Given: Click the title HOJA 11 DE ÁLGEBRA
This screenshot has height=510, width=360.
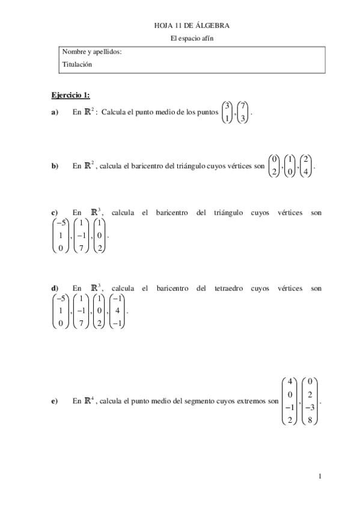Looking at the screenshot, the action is point(192,25).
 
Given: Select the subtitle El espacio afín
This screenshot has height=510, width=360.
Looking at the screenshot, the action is point(192,38).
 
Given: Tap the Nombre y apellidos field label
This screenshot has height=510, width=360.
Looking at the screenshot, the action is point(92,52).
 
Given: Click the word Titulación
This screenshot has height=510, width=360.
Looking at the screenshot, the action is point(77,64).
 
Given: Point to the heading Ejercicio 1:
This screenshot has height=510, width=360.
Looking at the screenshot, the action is point(70,95).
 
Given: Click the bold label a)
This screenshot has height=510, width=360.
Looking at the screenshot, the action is point(55,112).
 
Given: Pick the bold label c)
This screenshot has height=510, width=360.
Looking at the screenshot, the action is point(55,212).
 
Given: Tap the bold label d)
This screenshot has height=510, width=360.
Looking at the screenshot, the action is point(55,288).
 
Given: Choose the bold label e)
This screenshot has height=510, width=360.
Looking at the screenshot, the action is point(55,401).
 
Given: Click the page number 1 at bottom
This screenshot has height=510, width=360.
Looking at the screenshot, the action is point(320,476).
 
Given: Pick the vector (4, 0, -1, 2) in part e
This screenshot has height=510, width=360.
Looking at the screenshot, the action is point(290,401).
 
